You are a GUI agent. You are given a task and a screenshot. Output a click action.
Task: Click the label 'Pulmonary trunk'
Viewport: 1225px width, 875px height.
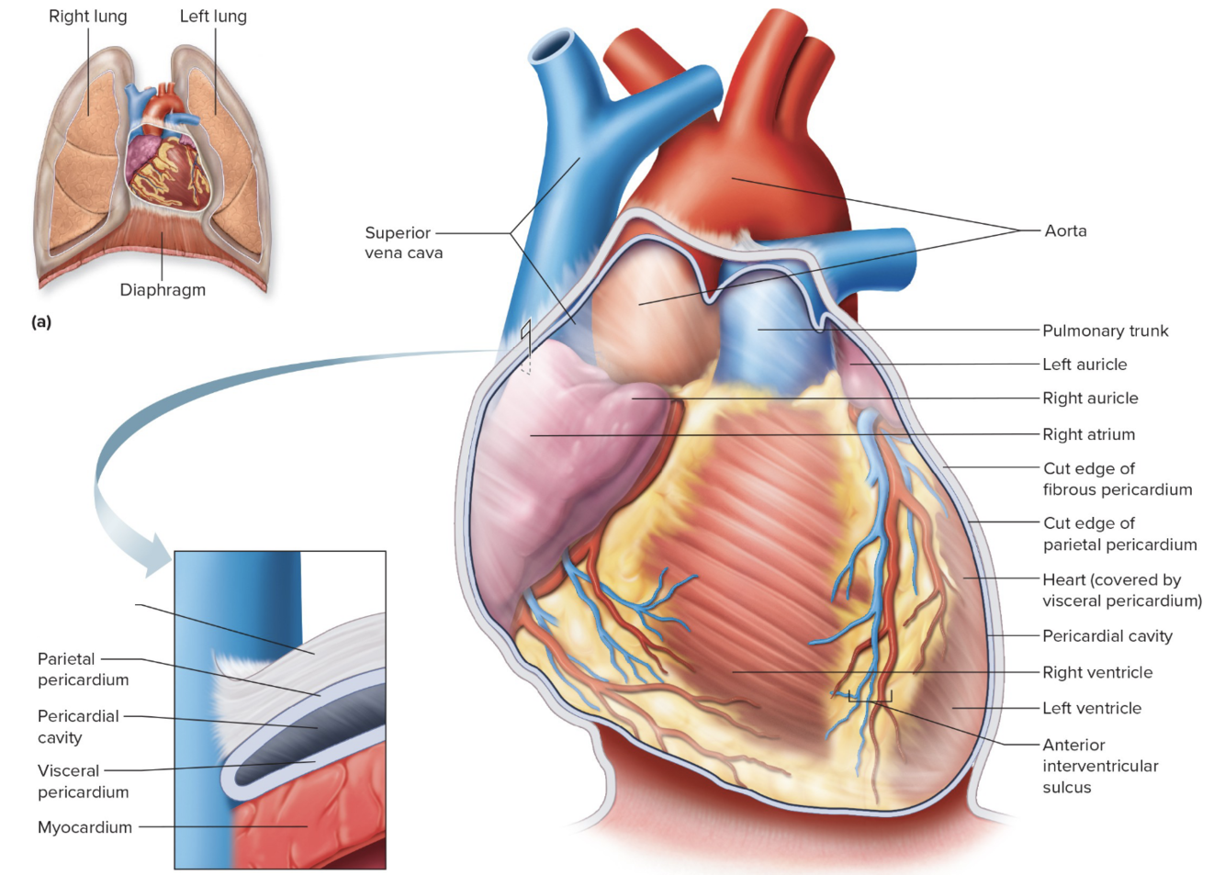click(1105, 331)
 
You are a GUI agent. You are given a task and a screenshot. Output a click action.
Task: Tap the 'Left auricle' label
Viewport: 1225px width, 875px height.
click(1085, 365)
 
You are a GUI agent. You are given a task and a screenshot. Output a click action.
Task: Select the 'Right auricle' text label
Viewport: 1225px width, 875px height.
click(1090, 398)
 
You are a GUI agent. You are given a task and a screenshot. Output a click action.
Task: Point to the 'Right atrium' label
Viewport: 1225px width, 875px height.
click(1088, 434)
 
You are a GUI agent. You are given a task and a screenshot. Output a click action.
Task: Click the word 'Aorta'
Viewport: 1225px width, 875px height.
click(1065, 231)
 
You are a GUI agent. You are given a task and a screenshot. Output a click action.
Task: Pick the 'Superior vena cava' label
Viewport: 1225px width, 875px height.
click(403, 243)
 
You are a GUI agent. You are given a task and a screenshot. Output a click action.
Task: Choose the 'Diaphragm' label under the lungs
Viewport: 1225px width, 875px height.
click(163, 290)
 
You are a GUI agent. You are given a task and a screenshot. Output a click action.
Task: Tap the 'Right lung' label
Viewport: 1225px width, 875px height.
click(88, 17)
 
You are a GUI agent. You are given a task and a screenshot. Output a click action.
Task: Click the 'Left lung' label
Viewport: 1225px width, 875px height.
click(213, 17)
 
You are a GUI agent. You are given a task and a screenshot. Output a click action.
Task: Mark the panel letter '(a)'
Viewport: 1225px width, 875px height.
click(41, 322)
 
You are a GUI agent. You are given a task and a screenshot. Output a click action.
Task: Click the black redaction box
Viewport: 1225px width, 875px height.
click(82, 612)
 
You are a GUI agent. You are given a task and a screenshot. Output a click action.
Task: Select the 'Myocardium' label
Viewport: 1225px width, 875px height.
click(84, 827)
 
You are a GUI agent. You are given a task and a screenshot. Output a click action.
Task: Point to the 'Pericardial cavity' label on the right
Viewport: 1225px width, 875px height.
click(1107, 636)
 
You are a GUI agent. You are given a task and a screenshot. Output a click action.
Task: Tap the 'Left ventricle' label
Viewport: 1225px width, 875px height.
click(1092, 709)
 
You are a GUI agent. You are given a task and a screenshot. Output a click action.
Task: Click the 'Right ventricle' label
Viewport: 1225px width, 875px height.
click(1097, 673)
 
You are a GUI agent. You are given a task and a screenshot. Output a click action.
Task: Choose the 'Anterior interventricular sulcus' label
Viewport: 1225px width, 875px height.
click(1100, 766)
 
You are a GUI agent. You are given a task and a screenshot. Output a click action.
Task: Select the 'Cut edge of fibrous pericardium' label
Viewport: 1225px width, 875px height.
click(1117, 479)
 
